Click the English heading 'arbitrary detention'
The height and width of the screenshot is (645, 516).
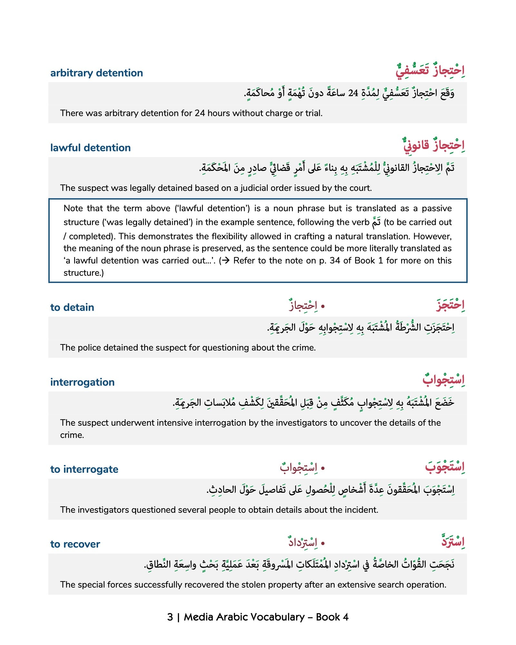coord(96,73)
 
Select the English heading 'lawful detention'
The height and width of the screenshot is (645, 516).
coord(90,148)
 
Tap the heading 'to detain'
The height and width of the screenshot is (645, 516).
coord(72,307)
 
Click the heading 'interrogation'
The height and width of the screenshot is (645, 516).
coord(82,382)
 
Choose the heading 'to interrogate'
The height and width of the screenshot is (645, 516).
coord(84,469)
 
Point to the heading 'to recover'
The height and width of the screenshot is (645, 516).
coord(75,544)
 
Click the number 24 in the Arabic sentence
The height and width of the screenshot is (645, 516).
coord(353,93)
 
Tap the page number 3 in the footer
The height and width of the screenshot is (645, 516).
coord(170,617)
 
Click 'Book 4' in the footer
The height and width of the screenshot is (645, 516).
coord(332,617)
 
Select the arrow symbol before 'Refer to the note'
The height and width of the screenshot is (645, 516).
coord(225,261)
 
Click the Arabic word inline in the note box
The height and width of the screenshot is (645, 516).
coord(376,222)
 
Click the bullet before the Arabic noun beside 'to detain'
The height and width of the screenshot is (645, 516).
coord(323,306)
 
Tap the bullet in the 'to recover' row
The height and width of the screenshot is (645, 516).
coord(323,543)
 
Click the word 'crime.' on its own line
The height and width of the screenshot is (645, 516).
coord(72,435)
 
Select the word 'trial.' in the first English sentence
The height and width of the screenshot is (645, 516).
coord(313,113)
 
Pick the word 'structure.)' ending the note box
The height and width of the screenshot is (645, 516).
coord(84,273)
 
